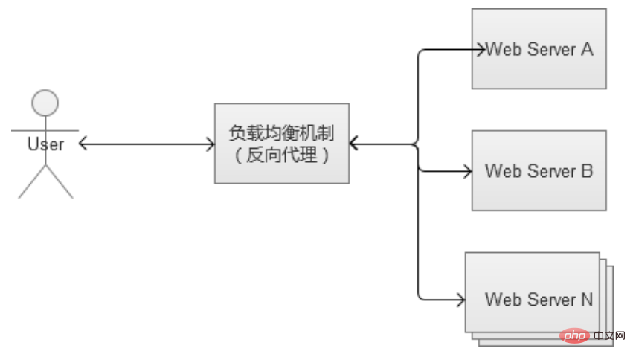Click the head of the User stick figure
click(x=45, y=102)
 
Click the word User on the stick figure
click(x=45, y=144)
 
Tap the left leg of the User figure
click(x=32, y=183)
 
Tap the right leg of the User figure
click(x=60, y=183)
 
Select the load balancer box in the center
click(x=282, y=143)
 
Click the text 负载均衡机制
click(x=281, y=133)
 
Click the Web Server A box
click(x=539, y=48)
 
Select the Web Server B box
click(x=539, y=170)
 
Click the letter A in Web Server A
click(x=586, y=50)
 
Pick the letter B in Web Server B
click(x=586, y=171)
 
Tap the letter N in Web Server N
click(x=586, y=300)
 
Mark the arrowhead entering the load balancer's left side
click(x=210, y=144)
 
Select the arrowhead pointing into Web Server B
click(x=467, y=171)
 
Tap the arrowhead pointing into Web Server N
click(x=460, y=300)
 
